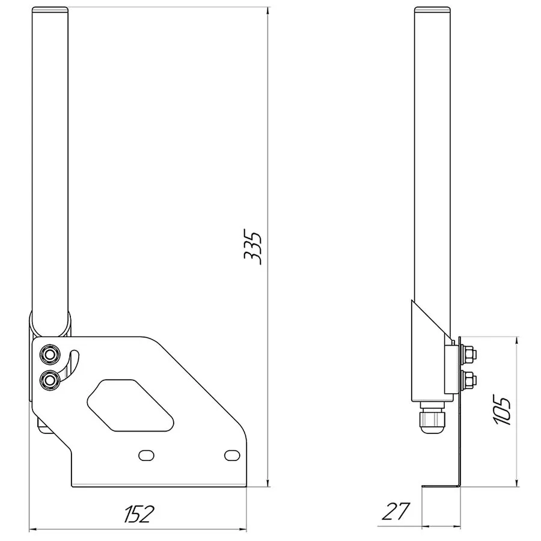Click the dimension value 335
click(252, 246)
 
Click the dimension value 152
click(139, 514)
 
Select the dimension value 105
click(503, 411)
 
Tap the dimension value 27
click(396, 512)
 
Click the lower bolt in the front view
click(49, 379)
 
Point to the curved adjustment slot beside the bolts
click(72, 364)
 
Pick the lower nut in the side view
click(469, 380)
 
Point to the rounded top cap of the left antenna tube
click(50, 10)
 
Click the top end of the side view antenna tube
click(432, 10)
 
